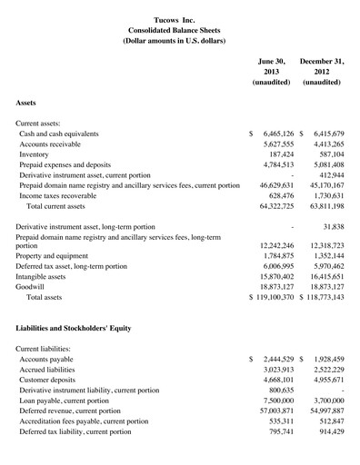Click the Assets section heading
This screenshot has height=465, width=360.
coord(26,104)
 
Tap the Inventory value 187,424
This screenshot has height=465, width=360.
coord(283,154)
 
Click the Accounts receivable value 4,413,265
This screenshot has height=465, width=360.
coord(326,144)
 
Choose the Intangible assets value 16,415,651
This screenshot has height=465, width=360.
coord(325,274)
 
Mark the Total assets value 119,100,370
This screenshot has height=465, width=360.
coord(277,297)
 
